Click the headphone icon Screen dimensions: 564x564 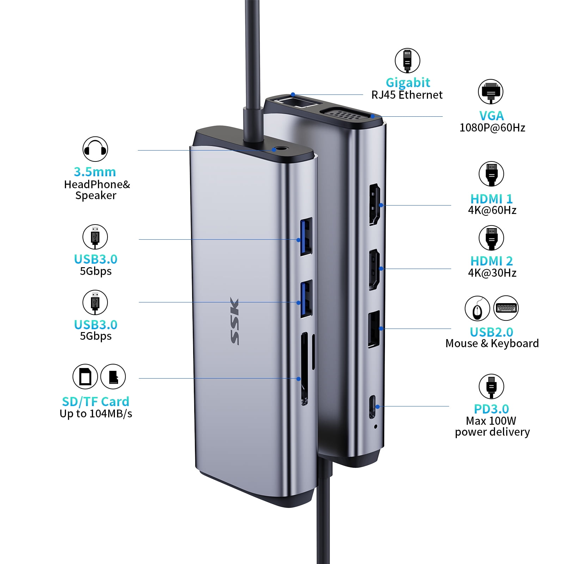click(x=95, y=149)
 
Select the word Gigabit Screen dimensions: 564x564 click(x=408, y=82)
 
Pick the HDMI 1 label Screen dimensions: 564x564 click(x=491, y=199)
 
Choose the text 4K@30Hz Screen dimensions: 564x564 click(x=492, y=273)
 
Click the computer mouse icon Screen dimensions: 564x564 click(x=477, y=308)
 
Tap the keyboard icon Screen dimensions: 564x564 click(x=506, y=308)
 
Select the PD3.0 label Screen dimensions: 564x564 click(x=491, y=409)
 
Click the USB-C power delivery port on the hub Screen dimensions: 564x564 click(x=372, y=407)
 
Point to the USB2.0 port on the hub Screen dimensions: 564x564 click(x=374, y=329)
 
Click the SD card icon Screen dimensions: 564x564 click(x=85, y=376)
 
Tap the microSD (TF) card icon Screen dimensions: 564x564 click(x=113, y=376)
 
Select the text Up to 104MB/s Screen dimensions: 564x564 click(x=96, y=413)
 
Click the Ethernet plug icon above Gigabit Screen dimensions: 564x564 click(x=407, y=61)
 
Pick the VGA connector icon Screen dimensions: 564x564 click(x=491, y=92)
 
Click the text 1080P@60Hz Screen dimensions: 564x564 click(x=492, y=128)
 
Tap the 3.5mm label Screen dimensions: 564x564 click(x=95, y=172)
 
